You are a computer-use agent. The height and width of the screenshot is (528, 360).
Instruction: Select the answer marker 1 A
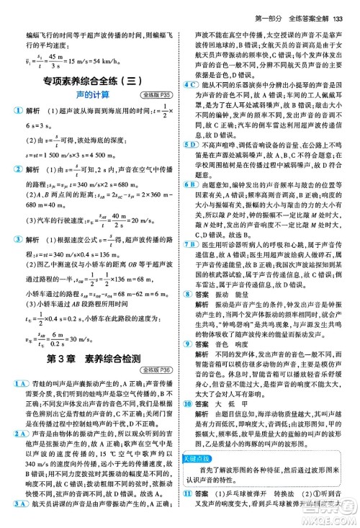tap(16, 321)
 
